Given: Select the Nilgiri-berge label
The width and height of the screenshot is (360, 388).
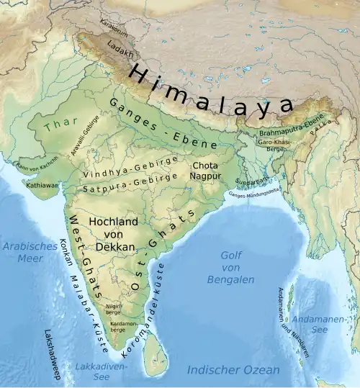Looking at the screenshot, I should click(x=114, y=309).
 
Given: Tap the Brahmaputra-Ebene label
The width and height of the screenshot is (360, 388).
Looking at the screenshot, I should click(x=292, y=132).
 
